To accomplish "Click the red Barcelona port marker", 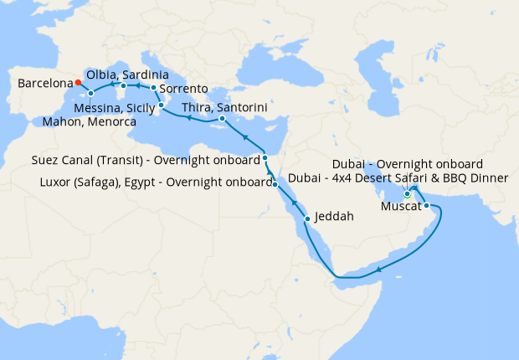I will [77, 82].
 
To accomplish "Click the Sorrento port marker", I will [154, 87].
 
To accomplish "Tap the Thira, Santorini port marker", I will [222, 119].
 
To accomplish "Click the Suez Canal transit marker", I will [265, 157].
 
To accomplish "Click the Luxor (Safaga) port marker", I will [275, 184].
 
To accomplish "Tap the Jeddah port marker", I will [307, 219].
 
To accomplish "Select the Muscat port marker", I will [426, 205].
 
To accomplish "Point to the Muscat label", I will [400, 206].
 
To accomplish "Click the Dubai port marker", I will [408, 195].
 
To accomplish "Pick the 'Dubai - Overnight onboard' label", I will [407, 163].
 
